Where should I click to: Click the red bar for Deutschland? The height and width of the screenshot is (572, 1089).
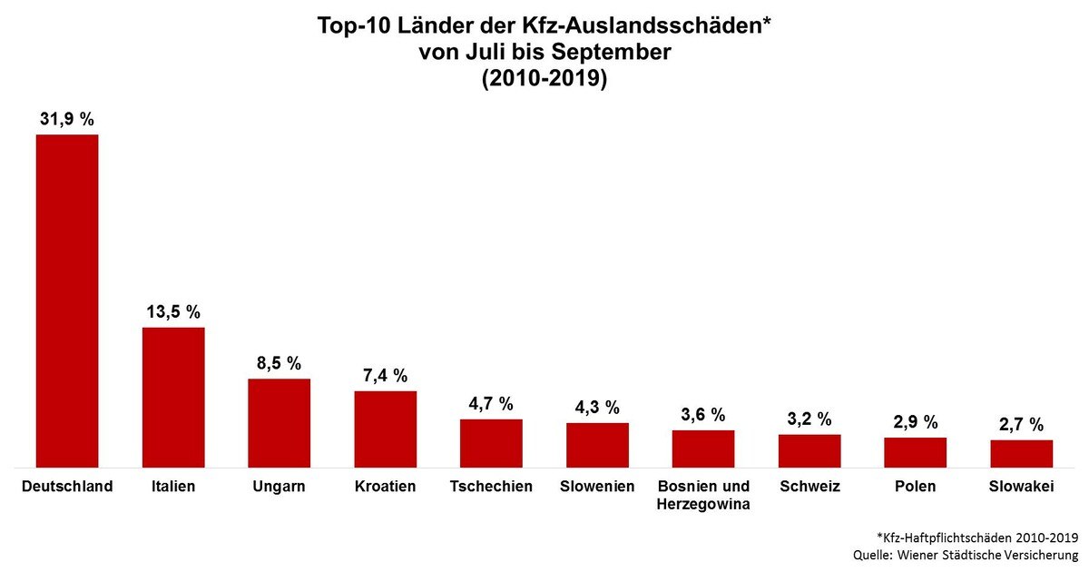coord(67,301)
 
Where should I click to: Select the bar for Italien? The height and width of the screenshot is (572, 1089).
coord(173,397)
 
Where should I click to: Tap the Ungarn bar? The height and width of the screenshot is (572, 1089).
coord(280,422)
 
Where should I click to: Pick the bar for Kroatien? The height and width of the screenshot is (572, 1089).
coord(385,429)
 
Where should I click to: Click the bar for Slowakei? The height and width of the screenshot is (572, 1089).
coord(1021,453)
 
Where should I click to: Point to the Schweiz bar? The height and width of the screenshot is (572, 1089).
coord(809,450)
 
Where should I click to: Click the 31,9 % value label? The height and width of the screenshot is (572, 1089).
coord(67,119)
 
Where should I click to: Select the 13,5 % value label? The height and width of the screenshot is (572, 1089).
coord(173,311)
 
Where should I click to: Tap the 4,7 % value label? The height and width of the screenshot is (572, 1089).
coord(491,403)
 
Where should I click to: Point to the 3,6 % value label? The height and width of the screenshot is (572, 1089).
coord(703,415)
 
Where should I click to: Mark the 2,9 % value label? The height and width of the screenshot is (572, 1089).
coord(915,422)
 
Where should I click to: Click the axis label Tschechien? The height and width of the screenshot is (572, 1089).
coord(491,487)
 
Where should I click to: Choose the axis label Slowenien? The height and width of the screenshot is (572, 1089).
coord(597,487)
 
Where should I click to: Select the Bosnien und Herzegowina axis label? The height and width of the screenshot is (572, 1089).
coord(703,496)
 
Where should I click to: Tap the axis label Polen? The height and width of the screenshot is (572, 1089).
coord(915,487)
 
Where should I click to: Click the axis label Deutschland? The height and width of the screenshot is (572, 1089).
coord(67,487)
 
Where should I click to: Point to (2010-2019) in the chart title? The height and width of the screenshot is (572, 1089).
coord(544,79)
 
